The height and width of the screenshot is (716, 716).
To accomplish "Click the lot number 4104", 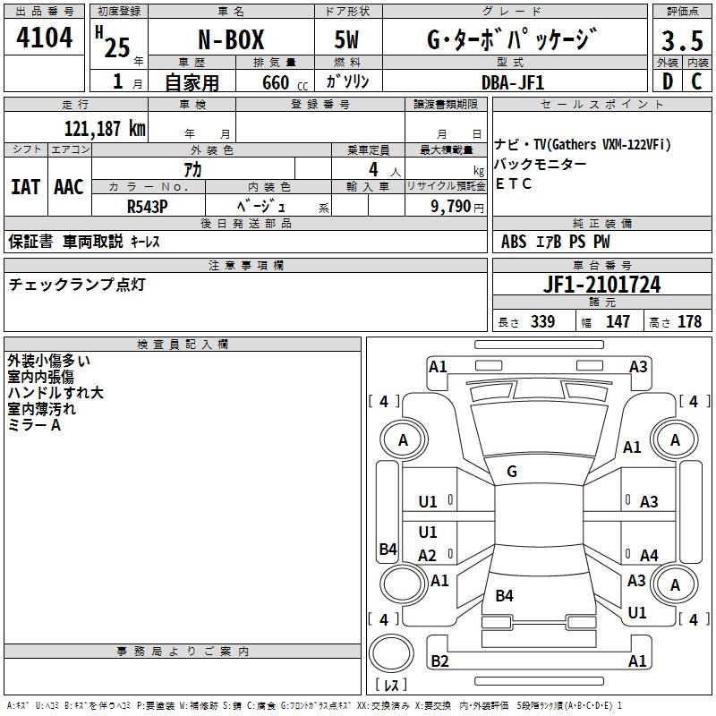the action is click(x=44, y=38).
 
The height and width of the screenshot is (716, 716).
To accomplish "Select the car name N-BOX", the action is click(x=231, y=39).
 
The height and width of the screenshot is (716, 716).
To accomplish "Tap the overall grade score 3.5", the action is click(x=682, y=41).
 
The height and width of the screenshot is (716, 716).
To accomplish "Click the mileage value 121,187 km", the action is click(x=105, y=129).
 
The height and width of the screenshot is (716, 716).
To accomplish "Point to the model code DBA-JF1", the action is click(x=513, y=82).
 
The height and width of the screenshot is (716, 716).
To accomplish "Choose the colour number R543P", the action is click(x=148, y=207).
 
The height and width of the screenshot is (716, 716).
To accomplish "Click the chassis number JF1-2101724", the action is click(x=601, y=285).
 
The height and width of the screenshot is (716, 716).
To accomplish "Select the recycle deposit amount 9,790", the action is click(x=451, y=207).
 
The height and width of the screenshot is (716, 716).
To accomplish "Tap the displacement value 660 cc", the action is click(x=285, y=83).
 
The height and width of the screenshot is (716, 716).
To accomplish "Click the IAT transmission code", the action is click(x=25, y=187).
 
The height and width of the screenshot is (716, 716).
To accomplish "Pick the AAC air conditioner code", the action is click(x=69, y=187).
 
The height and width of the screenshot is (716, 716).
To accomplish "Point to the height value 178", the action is click(x=689, y=321).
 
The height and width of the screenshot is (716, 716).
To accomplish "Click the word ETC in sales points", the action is click(x=513, y=183).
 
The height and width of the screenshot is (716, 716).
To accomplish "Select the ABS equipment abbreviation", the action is click(x=514, y=242).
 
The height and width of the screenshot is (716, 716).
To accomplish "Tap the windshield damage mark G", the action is click(x=512, y=472).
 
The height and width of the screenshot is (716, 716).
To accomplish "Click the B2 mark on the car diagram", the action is click(x=439, y=661).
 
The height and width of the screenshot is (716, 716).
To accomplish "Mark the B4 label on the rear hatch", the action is click(x=504, y=595).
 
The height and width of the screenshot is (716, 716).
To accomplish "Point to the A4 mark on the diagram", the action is click(x=649, y=555).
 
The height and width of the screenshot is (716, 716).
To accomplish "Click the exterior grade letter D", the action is click(x=668, y=81).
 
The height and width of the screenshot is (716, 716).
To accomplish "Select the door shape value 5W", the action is click(x=346, y=39).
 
